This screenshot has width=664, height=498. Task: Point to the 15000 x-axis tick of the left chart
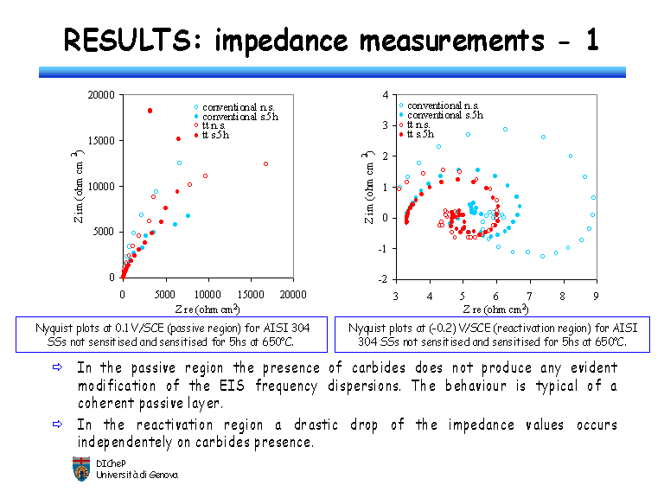tap(251, 294)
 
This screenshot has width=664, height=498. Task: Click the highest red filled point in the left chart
tap(150, 111)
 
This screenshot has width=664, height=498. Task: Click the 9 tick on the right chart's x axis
tap(595, 295)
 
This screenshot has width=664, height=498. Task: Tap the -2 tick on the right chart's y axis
tap(385, 279)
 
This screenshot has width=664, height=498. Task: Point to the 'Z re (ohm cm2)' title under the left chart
tap(207, 309)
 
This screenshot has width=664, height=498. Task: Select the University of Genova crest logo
tap(80, 468)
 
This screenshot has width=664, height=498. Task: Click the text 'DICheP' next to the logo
tap(109, 463)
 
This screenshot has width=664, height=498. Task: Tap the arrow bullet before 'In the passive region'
tap(58, 367)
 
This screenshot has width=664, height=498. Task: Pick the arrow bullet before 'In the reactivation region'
tap(58, 425)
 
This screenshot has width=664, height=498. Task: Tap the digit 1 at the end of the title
tap(591, 40)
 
